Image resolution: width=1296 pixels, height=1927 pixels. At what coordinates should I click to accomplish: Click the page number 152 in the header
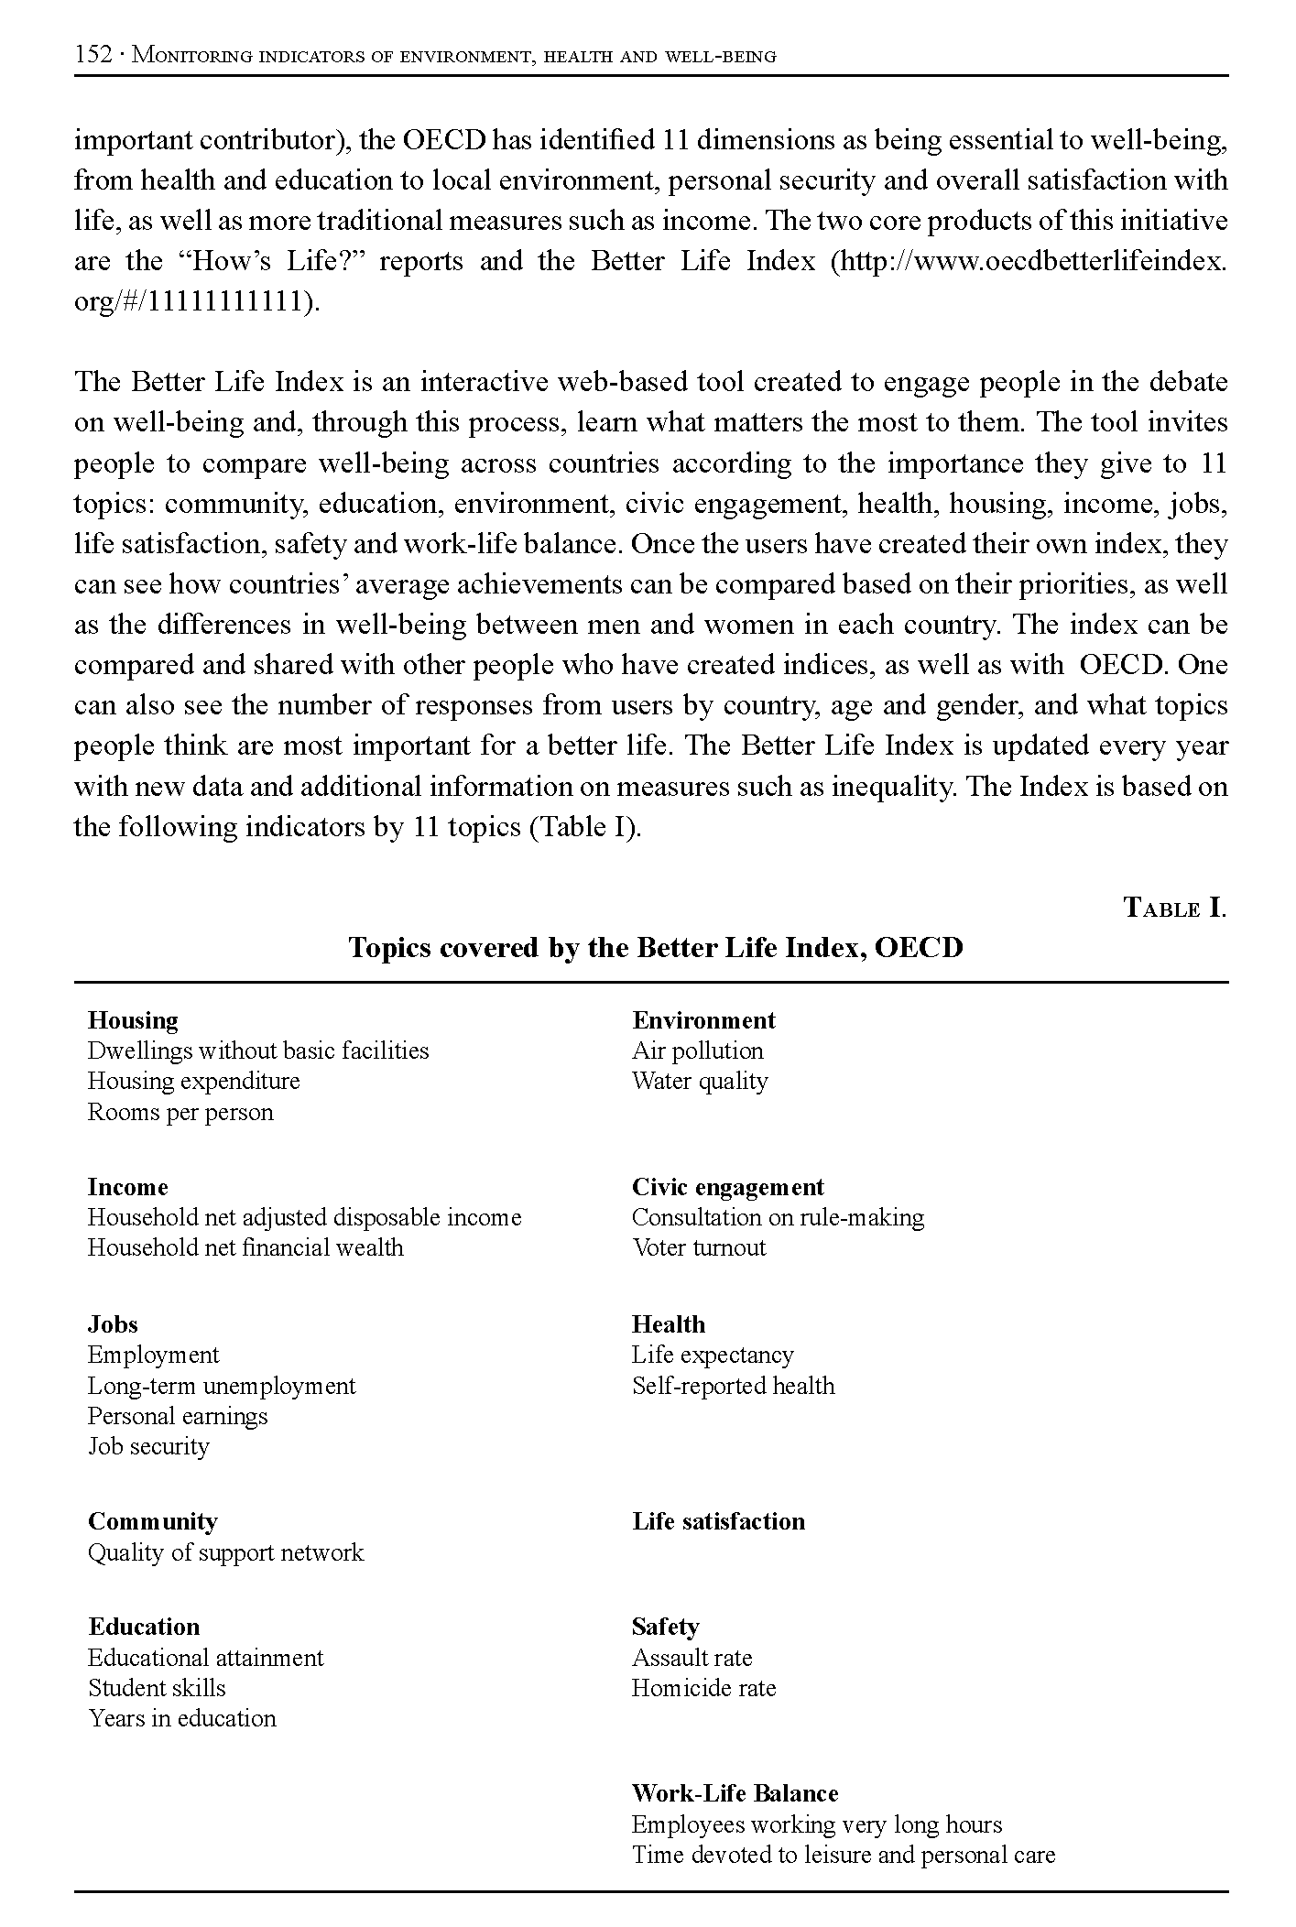point(93,55)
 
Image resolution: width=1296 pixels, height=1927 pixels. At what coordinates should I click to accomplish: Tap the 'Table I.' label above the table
point(1174,909)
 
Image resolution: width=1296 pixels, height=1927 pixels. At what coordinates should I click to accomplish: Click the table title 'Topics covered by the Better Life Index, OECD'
point(656,947)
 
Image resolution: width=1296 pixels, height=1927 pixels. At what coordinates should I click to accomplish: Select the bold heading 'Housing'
point(133,1020)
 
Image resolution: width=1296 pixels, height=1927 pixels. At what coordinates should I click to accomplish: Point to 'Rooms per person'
point(180,1112)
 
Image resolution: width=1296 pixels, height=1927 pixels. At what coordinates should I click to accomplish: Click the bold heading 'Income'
point(128,1187)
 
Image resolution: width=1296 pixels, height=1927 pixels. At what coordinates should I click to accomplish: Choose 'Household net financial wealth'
point(245,1247)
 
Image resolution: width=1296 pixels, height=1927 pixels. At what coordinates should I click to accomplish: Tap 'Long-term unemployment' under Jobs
point(222,1386)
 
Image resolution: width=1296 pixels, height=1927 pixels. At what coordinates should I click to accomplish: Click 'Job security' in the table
point(148,1446)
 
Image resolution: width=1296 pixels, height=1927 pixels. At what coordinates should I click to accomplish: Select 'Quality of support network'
point(225,1552)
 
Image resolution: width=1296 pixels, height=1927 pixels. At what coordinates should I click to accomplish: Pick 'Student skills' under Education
point(157,1688)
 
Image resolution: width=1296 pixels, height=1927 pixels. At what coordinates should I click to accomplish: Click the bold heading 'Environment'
point(703,1020)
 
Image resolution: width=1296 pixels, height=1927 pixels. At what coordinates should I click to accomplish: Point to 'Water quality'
point(700,1081)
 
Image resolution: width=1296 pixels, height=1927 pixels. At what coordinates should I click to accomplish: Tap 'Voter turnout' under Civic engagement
point(699,1247)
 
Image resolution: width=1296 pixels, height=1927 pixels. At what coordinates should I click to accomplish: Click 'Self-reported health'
point(733,1386)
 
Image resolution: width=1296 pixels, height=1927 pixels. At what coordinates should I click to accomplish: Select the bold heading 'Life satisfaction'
point(718,1521)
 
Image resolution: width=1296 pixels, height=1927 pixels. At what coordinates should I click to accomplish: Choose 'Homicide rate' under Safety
point(703,1688)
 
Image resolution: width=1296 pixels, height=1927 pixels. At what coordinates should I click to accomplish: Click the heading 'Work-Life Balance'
point(735,1793)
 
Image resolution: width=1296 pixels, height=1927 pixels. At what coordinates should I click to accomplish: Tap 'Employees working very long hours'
point(817,1824)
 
